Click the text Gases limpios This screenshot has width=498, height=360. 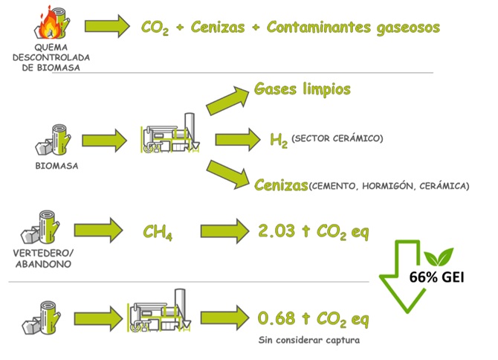coord(302,89)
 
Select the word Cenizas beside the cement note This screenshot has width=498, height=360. coord(281,184)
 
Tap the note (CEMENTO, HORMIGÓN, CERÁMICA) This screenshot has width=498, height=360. coord(389,186)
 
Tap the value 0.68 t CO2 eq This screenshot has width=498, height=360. coord(313,319)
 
